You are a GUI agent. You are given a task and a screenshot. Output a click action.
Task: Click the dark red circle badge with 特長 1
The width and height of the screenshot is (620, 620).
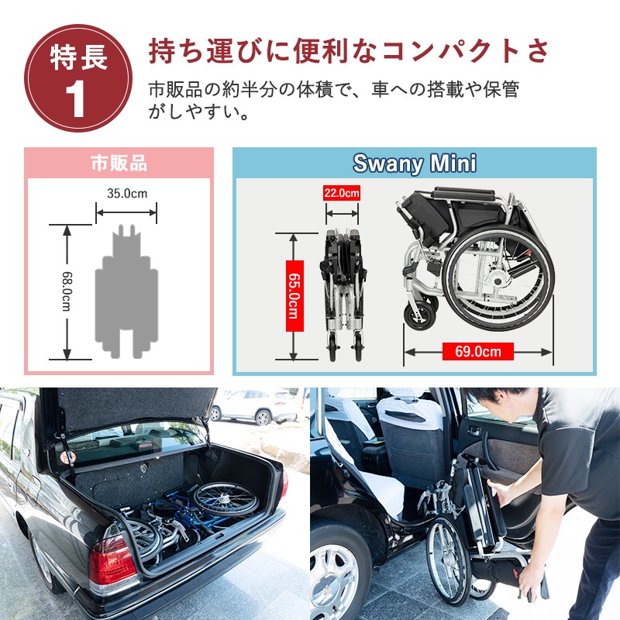click(78, 78)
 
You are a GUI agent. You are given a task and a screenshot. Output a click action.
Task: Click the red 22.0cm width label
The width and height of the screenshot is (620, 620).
click(342, 193)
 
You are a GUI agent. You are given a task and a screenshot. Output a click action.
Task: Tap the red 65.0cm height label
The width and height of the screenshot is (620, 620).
click(294, 296)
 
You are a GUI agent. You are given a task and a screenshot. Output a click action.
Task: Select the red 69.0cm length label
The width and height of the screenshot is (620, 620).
click(477, 351)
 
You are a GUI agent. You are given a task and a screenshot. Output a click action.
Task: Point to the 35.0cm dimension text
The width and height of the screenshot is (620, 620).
click(127, 193)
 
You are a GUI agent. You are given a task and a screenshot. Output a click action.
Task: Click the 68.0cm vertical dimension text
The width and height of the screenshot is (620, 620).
click(67, 291)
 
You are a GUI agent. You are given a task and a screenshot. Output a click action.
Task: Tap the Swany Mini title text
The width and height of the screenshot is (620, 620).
click(415, 163)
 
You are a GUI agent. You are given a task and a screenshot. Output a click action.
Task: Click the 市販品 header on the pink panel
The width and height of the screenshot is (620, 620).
click(119, 163)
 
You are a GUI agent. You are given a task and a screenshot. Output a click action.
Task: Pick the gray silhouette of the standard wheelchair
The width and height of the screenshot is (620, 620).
click(126, 292)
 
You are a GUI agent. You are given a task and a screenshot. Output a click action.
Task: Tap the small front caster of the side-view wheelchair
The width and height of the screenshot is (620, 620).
click(420, 315)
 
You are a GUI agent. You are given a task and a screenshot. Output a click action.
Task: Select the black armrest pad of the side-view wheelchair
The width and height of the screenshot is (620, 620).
click(463, 195)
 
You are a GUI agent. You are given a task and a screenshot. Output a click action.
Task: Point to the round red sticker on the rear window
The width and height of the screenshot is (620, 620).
click(68, 457)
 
